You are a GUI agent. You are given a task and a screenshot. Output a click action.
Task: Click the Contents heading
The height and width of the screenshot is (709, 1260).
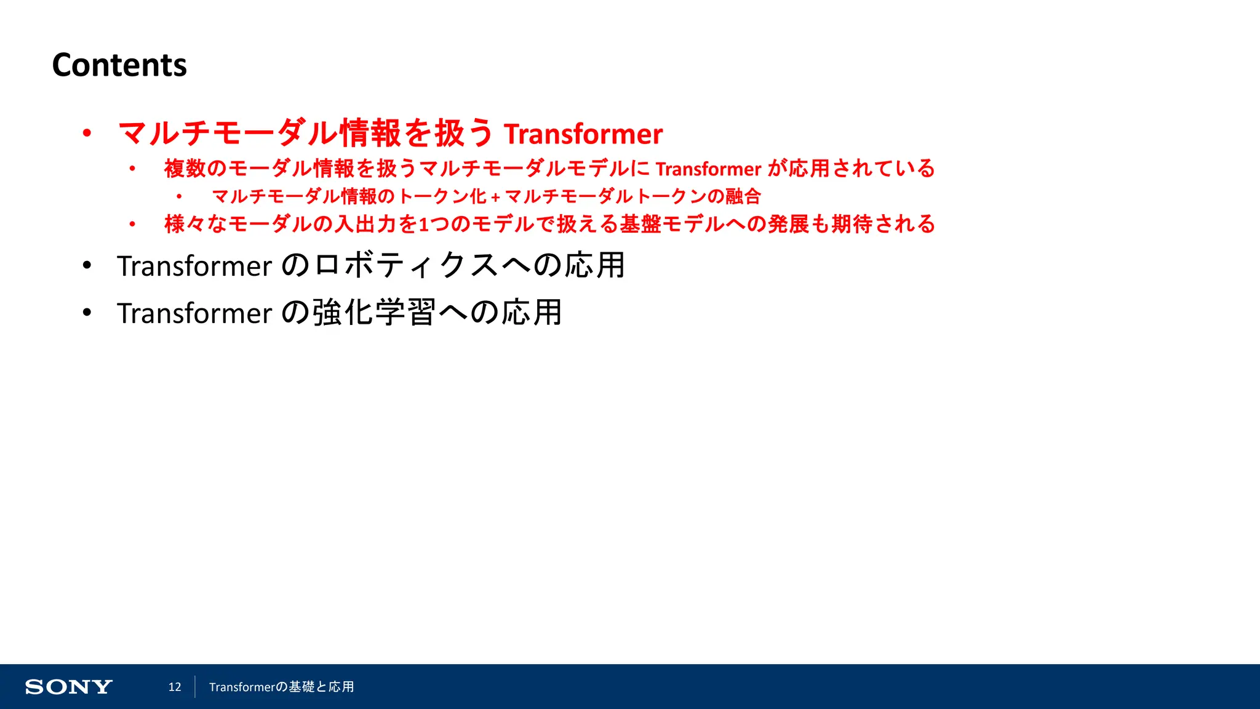point(119,65)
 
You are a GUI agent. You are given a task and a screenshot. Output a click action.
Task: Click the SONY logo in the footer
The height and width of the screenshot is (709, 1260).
point(68,687)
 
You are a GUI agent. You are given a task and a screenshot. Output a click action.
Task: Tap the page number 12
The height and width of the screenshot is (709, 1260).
point(175,687)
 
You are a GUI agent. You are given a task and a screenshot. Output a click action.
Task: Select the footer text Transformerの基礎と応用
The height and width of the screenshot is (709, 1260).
point(281,687)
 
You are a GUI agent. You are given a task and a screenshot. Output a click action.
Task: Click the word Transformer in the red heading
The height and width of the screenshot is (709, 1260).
point(583,134)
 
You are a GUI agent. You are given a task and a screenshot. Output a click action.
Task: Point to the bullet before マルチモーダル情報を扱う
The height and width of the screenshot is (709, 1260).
point(87,133)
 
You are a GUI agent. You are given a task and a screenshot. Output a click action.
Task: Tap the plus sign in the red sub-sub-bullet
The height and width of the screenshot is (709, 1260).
point(495,198)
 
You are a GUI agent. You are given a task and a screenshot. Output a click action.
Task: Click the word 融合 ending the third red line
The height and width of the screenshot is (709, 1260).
point(743,196)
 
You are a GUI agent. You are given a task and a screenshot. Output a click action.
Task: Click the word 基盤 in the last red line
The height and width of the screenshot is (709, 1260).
point(640,224)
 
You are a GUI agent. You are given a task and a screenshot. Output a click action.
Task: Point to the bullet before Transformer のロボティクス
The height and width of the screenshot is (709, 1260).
point(87,265)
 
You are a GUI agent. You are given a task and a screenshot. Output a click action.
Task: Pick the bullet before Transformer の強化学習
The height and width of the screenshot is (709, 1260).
point(87,313)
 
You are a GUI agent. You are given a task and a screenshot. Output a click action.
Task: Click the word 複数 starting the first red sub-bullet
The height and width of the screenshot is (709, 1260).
point(185,169)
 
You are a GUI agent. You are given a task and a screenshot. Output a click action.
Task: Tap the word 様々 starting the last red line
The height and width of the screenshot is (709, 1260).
point(185,224)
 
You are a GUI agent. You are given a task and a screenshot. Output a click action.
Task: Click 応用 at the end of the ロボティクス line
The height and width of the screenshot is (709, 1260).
point(595,266)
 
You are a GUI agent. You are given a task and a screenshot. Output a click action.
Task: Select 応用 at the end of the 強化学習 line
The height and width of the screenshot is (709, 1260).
point(532,313)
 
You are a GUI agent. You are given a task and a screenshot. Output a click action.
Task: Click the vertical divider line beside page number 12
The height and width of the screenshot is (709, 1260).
point(195,687)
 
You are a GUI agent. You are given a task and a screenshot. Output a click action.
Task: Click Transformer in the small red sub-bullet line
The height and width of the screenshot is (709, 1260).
point(708,169)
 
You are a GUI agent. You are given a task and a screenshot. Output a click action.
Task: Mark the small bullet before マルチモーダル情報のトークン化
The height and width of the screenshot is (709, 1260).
point(179,197)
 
